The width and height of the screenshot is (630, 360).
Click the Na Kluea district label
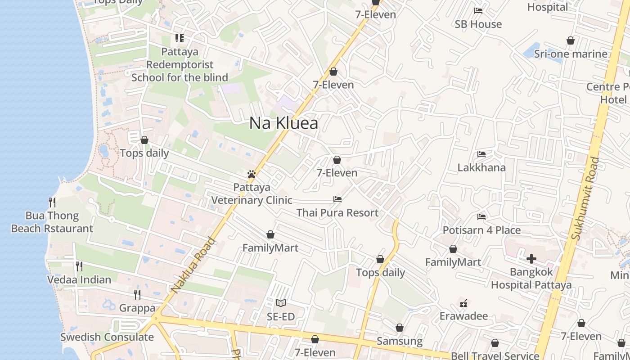[283, 123]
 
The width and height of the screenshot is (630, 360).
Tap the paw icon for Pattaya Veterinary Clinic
[252, 174]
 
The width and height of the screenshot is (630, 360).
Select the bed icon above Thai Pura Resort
[337, 199]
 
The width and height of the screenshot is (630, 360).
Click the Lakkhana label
[481, 167]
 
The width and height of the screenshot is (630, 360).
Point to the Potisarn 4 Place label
[481, 230]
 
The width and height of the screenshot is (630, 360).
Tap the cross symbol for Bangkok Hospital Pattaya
[531, 259]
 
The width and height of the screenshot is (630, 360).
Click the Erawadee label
[463, 316]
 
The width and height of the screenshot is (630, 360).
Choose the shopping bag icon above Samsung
[399, 328]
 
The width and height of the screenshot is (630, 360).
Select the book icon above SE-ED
[281, 303]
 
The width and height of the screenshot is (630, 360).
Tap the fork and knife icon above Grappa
[137, 294]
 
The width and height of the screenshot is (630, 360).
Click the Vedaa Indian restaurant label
[79, 279]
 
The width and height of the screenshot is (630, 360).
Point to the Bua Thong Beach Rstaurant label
[52, 222]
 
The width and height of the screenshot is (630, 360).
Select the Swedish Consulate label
[107, 337]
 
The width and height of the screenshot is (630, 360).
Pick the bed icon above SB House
[478, 10]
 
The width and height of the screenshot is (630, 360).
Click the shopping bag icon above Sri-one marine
[571, 40]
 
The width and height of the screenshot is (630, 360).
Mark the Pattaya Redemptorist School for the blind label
[180, 64]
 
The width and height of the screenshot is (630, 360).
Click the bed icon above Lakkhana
[481, 154]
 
